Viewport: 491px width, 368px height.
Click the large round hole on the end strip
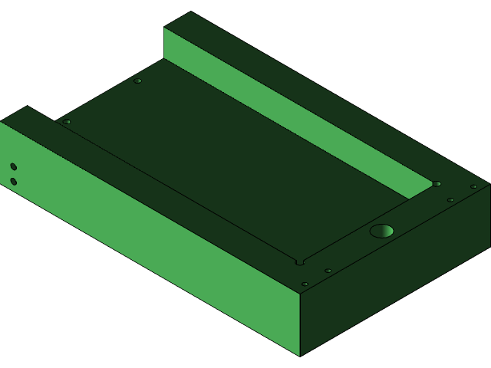coord(381,231)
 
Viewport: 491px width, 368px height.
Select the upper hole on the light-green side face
coord(13,166)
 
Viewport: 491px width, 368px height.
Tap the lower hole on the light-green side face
coord(13,182)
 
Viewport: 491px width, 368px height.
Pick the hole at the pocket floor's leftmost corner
coord(67,122)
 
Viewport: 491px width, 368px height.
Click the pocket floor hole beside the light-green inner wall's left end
coord(137,80)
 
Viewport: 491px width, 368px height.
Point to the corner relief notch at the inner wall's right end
coord(437,184)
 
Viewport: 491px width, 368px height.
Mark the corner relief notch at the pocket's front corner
coord(300,262)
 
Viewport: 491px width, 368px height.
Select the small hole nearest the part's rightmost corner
coord(473,186)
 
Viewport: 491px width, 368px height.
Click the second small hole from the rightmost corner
coord(450,200)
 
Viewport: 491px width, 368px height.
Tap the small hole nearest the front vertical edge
coord(305,284)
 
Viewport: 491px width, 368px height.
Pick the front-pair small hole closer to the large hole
coord(328,271)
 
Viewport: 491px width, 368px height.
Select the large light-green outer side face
coord(153,238)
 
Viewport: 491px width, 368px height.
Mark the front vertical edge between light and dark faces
coord(299,322)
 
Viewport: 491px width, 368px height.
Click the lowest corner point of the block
coord(299,356)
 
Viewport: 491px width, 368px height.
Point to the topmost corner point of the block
coord(190,11)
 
